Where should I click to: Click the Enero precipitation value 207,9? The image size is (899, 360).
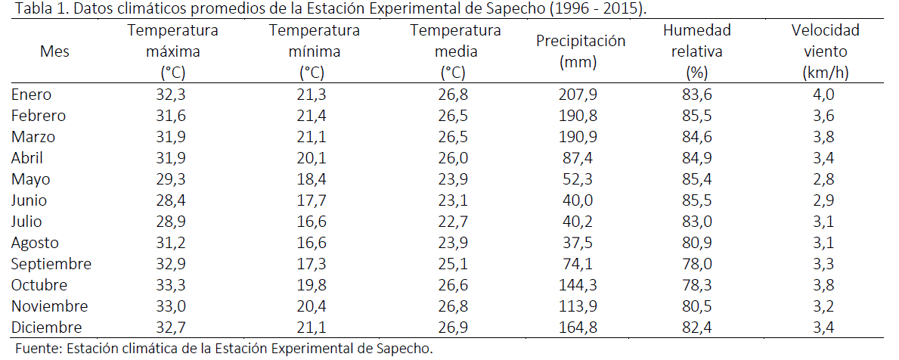click(x=581, y=95)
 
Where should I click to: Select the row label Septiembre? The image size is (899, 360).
click(x=51, y=264)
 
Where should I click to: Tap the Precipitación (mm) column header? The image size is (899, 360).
click(x=581, y=51)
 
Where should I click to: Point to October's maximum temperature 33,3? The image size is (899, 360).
click(x=173, y=285)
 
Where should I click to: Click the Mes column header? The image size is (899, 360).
click(x=54, y=51)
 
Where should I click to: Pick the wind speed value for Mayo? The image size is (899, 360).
click(x=825, y=179)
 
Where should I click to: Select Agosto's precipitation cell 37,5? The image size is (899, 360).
click(x=581, y=243)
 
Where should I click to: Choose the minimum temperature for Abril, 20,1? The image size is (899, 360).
click(x=314, y=158)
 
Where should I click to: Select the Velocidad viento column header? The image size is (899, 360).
click(x=825, y=51)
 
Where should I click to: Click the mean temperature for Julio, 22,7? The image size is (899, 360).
click(x=455, y=222)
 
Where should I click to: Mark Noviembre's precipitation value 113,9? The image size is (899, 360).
click(x=581, y=306)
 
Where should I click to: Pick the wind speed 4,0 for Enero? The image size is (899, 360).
click(x=825, y=95)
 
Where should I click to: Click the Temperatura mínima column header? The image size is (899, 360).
click(x=314, y=51)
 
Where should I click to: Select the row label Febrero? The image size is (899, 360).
click(x=39, y=116)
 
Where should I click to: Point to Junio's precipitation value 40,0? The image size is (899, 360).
click(x=581, y=200)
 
